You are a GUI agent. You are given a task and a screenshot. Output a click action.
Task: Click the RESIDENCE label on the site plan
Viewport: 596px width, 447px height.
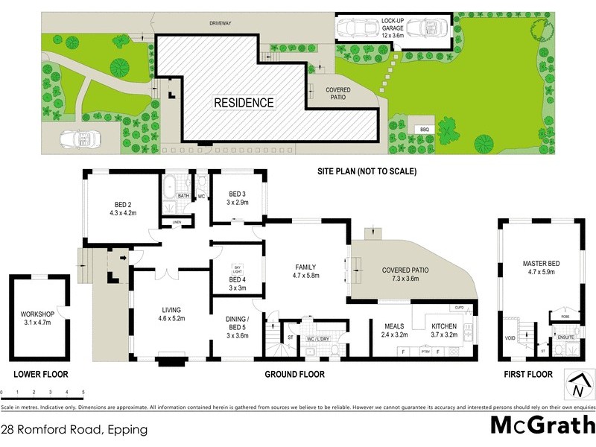244,103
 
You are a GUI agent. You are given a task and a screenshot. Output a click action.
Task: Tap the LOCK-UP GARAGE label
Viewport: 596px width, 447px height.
393,28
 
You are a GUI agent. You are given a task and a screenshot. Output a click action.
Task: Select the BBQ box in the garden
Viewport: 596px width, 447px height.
425,130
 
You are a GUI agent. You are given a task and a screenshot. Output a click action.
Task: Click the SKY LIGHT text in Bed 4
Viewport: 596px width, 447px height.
238,268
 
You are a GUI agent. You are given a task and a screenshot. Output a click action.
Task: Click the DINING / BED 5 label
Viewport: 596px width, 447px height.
238,322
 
